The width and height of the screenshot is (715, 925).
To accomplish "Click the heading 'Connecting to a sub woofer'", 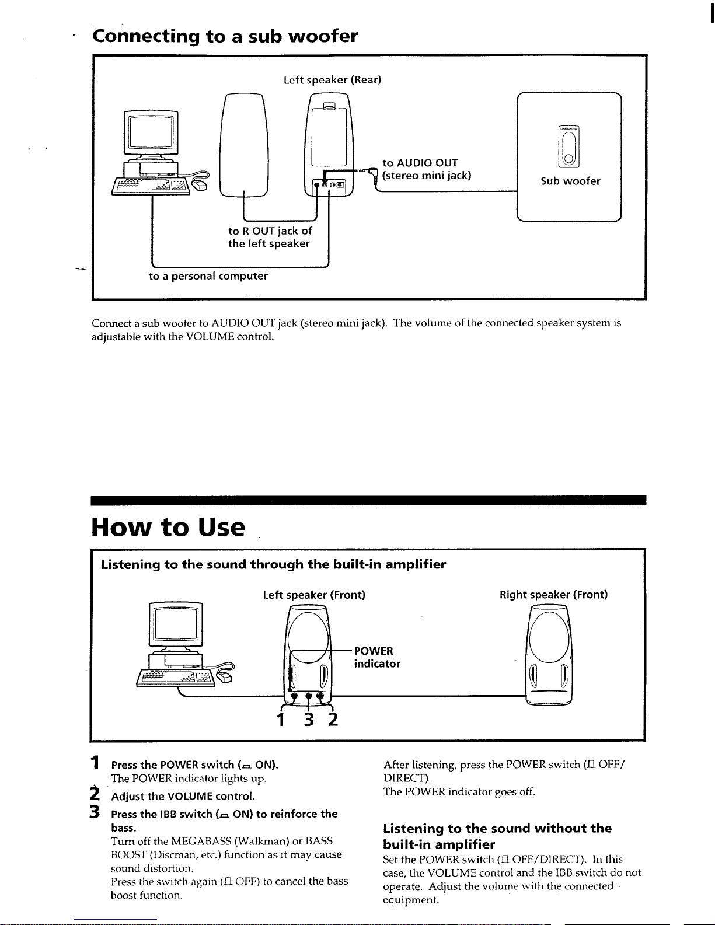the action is tap(225, 36).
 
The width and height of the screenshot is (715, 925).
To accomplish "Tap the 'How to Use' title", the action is tap(168, 527).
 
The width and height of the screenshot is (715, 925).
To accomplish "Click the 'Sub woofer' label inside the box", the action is tap(570, 181).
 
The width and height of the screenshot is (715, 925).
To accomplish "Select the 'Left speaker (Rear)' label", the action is tap(332, 80).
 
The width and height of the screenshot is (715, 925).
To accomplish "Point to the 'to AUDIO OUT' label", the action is tap(420, 163).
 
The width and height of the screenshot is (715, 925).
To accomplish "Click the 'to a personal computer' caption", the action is tap(208, 276).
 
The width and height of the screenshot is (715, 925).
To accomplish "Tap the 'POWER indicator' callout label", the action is tap(376, 657).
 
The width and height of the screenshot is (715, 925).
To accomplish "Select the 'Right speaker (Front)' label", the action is tap(553, 595).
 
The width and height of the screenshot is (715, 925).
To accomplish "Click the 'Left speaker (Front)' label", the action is tap(314, 595).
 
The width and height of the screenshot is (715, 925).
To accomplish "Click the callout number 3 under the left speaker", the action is tap(309, 720).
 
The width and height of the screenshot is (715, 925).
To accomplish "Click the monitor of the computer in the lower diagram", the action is tap(176, 624).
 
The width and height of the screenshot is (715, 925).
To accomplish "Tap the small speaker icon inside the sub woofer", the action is tap(568, 147).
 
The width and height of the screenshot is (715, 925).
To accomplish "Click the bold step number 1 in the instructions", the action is tap(95, 762).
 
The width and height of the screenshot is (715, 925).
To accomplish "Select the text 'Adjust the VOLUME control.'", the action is tap(183, 796).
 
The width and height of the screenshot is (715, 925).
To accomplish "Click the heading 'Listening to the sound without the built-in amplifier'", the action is tap(497, 836).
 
